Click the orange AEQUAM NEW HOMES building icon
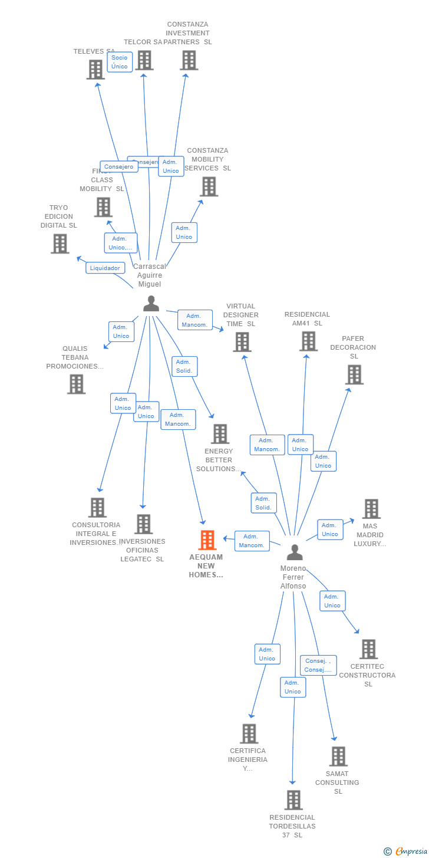pos(207,540)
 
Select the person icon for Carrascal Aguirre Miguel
pos(151,304)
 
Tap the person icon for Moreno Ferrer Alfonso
pos(295,553)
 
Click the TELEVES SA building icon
pos(95,70)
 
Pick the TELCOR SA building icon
pos(144,60)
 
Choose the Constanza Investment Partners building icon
pos(189,60)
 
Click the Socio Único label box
pos(120,62)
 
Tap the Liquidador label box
pos(105,268)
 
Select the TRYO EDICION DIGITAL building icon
pos(60,244)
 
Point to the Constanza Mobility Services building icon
pos(209,186)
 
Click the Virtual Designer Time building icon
pos(242,342)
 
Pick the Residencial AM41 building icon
pos(308,341)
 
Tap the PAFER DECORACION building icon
pos(354,374)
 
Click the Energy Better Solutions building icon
pos(220,434)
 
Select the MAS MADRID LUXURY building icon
pos(371,508)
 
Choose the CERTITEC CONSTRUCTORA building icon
pos(368,649)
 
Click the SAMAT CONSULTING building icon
pos(338,756)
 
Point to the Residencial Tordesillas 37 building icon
pos(293,800)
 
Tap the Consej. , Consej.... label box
pos(318,665)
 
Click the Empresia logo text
pos(410,851)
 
